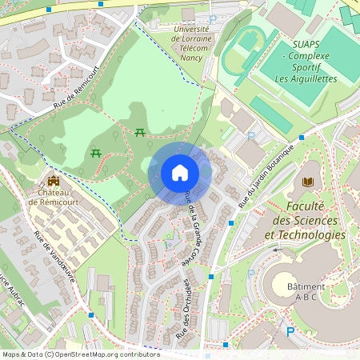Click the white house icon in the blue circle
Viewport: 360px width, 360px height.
[180, 172]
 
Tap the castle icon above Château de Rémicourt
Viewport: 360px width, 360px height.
[53, 182]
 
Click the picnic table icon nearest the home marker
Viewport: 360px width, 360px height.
[141, 132]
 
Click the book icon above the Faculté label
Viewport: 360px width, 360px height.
[307, 182]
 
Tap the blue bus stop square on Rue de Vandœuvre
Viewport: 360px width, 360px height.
[90, 314]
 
